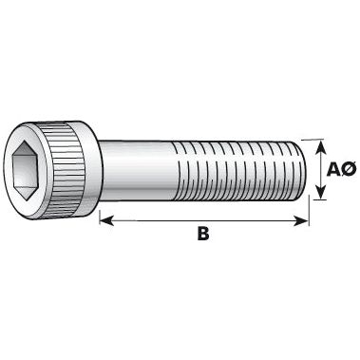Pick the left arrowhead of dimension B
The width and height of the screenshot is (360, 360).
[x=104, y=220]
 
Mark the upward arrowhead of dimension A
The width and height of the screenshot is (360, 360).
[x=320, y=145]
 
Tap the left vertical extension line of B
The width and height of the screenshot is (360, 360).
[x=99, y=214]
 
